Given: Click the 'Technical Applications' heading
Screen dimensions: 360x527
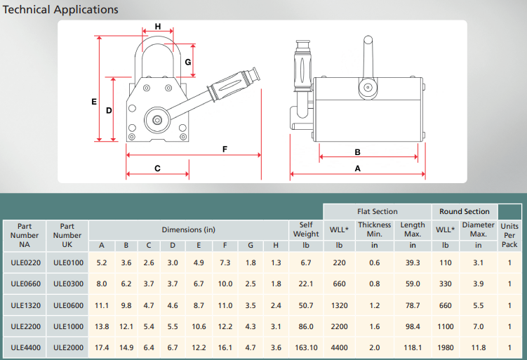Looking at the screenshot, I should [x=61, y=10].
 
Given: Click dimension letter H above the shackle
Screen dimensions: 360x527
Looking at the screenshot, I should [x=158, y=27].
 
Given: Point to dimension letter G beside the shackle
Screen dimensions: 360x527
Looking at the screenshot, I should [x=188, y=62].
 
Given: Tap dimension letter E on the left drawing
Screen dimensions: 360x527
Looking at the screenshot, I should [x=94, y=102].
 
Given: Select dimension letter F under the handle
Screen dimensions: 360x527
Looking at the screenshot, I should [x=225, y=149].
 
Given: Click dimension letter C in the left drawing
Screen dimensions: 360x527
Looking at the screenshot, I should [x=157, y=168].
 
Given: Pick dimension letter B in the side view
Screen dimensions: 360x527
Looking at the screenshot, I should [x=357, y=152].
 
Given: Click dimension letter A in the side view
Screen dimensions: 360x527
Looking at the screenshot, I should [x=357, y=168].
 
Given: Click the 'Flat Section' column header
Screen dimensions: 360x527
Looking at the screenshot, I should [x=377, y=211].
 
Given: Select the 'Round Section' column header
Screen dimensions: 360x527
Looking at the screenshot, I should [x=465, y=211].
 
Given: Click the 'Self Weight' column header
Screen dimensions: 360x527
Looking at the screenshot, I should [x=306, y=229].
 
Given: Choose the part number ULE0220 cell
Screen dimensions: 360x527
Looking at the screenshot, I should [x=25, y=262].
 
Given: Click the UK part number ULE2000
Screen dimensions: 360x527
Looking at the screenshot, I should [x=67, y=347].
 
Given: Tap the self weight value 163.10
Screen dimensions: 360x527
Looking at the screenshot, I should [x=306, y=347].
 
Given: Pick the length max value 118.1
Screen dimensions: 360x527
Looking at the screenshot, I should [x=413, y=347].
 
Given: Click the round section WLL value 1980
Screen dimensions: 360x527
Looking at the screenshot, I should [x=445, y=347].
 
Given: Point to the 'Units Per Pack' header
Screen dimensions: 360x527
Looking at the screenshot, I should [x=509, y=235].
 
